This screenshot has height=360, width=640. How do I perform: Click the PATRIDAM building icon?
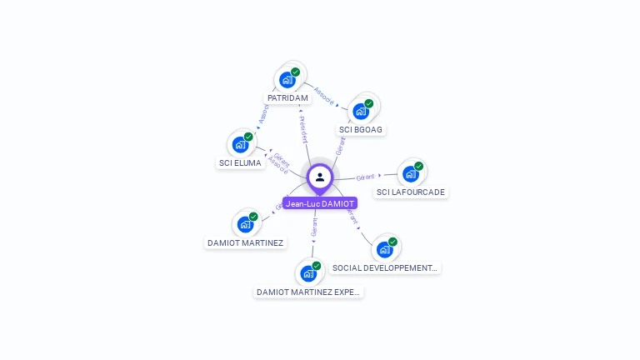click(287, 80)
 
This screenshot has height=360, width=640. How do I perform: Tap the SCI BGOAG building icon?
click(361, 112)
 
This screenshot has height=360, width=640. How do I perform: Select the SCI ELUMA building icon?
click(241, 145)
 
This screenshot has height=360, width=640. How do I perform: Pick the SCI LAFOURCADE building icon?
click(410, 174)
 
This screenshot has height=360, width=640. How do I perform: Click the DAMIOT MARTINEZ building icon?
click(245, 224)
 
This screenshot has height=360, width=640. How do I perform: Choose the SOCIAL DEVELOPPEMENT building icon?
click(384, 249)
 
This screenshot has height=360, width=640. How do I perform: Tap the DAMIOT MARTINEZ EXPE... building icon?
click(308, 273)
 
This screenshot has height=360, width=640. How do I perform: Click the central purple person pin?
click(320, 177)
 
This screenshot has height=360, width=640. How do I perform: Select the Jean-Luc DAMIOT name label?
click(320, 203)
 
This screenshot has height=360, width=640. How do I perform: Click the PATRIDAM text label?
click(288, 98)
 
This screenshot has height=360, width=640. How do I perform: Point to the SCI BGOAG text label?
click(362, 130)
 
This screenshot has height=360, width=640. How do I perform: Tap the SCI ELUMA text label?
click(240, 163)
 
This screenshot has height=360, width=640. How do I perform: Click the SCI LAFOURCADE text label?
click(411, 192)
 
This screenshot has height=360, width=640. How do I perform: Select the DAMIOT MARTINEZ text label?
click(245, 243)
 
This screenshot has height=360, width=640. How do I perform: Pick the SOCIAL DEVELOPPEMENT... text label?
click(384, 268)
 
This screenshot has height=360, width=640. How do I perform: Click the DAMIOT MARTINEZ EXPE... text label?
click(309, 292)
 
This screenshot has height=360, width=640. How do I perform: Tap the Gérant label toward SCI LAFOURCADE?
click(365, 177)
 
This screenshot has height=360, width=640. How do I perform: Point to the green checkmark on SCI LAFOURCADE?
click(418, 166)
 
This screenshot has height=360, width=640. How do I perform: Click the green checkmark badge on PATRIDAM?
click(295, 72)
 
